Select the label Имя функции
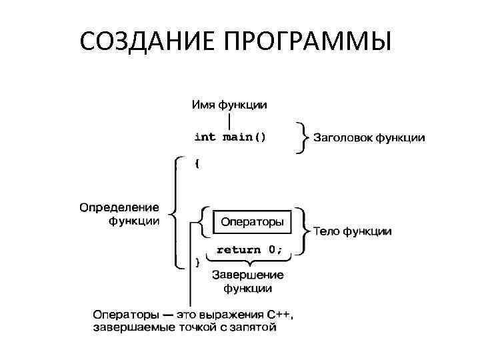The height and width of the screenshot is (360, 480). pos(229,105)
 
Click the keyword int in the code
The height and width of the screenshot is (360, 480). pos(205,137)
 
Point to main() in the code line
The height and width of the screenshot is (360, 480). pos(244,137)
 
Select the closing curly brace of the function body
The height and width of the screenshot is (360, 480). pos(197,262)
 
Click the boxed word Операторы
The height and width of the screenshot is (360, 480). pos(252,221)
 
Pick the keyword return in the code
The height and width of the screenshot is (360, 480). pos(238,250)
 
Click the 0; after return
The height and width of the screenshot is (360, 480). pos(275,250)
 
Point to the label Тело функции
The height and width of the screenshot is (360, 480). pos(352,231)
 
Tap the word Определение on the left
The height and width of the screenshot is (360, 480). pos(119,207)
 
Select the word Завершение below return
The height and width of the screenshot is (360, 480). pos(247,275)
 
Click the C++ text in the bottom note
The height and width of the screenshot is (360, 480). pos(279,314)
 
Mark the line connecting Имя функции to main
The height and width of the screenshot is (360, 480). pos(229,121)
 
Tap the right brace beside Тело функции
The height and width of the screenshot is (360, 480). pos(305,230)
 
